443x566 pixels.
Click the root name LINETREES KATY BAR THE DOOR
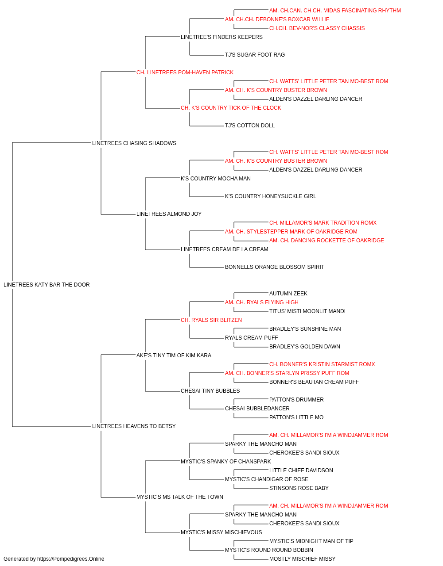point(47,285)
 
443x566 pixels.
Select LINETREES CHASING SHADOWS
point(134,143)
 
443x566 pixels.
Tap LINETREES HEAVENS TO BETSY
point(134,426)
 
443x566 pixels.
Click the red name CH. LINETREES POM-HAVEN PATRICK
point(185,73)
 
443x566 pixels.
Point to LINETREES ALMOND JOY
point(169,214)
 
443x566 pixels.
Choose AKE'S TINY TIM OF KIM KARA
point(174,355)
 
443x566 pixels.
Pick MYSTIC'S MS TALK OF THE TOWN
point(180,497)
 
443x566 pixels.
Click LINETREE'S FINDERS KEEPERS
point(222,37)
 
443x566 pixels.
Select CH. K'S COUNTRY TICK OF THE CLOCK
point(231,108)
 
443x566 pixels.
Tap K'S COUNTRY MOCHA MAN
point(216,178)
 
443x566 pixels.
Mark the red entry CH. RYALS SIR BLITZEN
point(211,320)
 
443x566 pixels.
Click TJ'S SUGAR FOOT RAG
point(255,55)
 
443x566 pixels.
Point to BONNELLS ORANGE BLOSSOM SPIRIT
point(275,267)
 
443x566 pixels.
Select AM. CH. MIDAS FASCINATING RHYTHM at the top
point(335,11)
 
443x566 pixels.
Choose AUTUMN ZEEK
point(288,294)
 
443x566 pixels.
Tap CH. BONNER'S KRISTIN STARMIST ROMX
point(322,364)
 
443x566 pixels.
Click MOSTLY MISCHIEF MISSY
point(303,559)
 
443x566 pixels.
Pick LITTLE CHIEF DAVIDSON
point(301,470)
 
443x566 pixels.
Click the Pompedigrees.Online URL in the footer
point(71,559)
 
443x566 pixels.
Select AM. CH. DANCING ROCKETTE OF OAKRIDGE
point(326,241)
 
